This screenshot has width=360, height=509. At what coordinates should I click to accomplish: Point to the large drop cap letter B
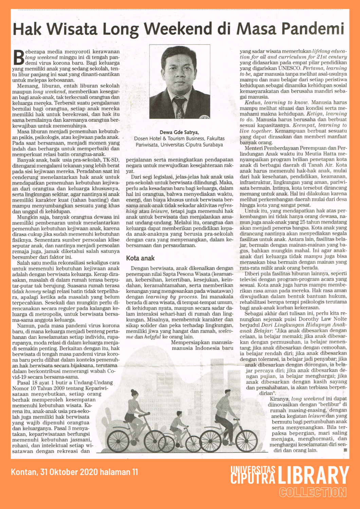click(18, 57)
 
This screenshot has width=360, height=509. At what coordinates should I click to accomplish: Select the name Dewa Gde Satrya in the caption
click(179, 132)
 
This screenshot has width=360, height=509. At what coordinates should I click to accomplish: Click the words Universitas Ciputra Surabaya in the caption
click(192, 145)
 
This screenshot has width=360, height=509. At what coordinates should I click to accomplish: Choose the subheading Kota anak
click(140, 258)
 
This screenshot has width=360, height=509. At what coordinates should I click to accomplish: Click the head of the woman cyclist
click(134, 394)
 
